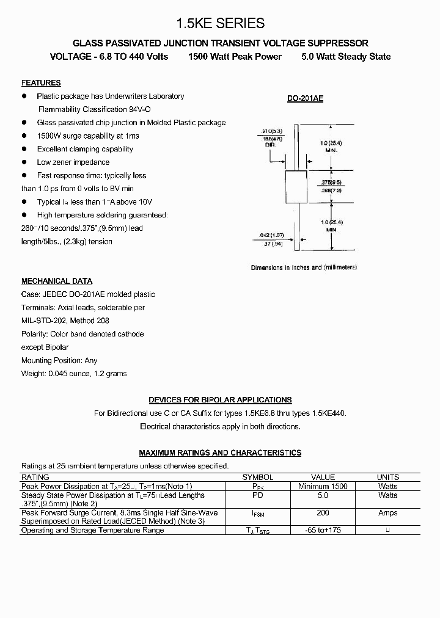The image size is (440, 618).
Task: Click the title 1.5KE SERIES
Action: click(220, 23)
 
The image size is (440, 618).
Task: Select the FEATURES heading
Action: click(41, 83)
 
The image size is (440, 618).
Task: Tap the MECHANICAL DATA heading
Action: click(57, 282)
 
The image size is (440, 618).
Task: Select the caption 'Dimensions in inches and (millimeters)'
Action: click(304, 267)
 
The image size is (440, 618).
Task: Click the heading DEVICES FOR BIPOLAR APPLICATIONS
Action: click(220, 400)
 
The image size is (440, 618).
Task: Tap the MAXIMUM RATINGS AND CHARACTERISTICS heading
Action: click(220, 453)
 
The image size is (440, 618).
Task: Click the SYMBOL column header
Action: click(257, 478)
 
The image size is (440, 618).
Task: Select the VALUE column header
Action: click(323, 478)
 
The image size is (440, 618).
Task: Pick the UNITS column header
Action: click(387, 478)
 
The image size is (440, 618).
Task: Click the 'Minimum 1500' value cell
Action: click(323, 486)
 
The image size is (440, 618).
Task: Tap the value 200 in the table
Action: click(323, 513)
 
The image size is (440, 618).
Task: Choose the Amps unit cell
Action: click(387, 513)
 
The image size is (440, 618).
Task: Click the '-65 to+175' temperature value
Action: click(323, 530)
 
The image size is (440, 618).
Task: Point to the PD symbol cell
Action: click(257, 495)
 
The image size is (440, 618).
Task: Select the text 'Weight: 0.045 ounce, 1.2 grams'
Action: click(74, 374)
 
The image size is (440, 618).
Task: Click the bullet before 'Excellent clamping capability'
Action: click(25, 149)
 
